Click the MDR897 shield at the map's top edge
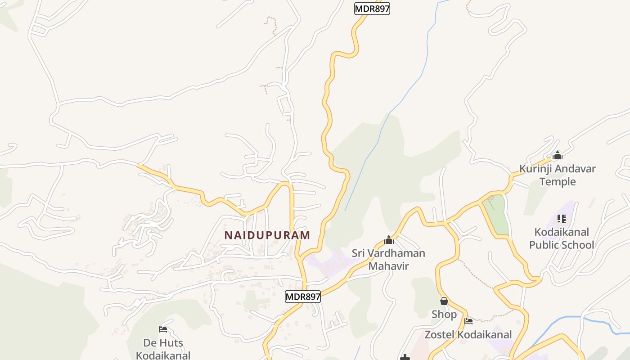click(372, 9)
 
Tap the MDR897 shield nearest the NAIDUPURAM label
click(302, 297)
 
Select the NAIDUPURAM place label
click(267, 235)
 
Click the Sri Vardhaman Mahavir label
click(388, 259)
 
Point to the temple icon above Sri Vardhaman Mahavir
click(389, 240)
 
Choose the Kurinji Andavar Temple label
click(558, 175)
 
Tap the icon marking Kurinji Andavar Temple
click(558, 156)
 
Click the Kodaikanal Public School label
click(562, 238)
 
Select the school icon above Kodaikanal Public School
click(561, 219)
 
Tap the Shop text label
click(444, 314)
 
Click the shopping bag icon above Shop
click(444, 301)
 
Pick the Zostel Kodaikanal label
click(468, 335)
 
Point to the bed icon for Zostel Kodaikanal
click(468, 321)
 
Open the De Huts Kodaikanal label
click(163, 349)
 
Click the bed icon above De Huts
click(163, 329)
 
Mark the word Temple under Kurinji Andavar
click(558, 181)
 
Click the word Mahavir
click(388, 266)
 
